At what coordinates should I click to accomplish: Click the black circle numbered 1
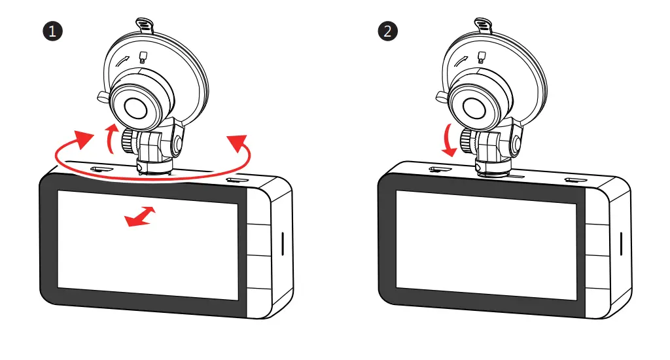pos(52,31)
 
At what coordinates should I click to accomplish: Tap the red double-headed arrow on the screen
pos(141,217)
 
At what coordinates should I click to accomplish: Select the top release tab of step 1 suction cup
pos(145,26)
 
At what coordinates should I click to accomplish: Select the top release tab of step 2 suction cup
pos(482,26)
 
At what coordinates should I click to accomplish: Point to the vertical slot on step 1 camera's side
pos(282,243)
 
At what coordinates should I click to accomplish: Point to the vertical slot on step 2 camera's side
pos(620,243)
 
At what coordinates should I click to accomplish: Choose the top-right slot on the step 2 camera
pos(576,180)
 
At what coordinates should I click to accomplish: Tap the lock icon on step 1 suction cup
pos(143,57)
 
